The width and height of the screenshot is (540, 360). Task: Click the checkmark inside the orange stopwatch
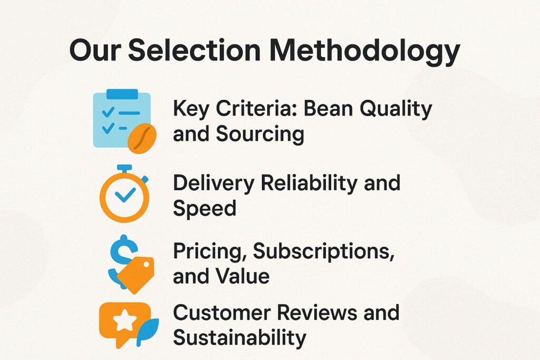pyautogui.click(x=124, y=196)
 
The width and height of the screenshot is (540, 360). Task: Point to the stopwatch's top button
pyautogui.click(x=124, y=168)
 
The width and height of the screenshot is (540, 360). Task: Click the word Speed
pyautogui.click(x=205, y=209)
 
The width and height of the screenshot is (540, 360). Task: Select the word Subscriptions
pyautogui.click(x=323, y=251)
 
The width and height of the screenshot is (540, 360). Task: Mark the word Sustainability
pyautogui.click(x=239, y=337)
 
